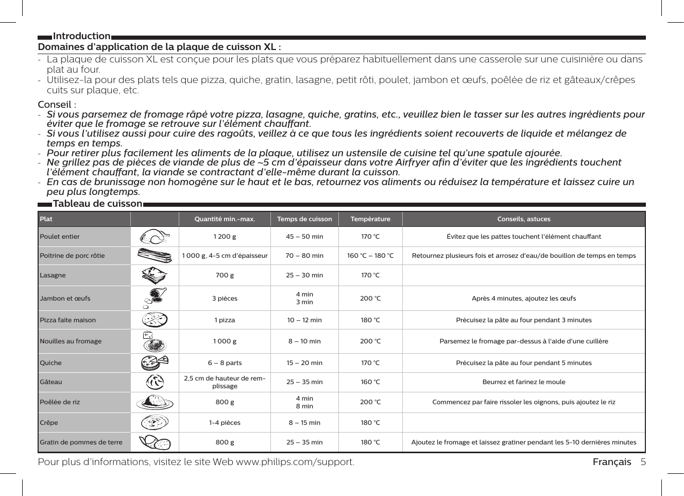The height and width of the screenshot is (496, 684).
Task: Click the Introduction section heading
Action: point(81,36)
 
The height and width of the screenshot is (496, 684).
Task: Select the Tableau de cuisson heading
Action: point(97,204)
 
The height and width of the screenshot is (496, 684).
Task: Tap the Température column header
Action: point(370,219)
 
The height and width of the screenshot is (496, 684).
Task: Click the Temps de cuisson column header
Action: point(304,219)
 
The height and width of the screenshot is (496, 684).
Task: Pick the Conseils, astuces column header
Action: point(523,219)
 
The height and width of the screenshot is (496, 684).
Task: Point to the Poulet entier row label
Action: point(60,237)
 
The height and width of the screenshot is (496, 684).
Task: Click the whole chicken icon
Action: point(155,237)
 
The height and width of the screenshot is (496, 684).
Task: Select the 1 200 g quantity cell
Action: point(225,237)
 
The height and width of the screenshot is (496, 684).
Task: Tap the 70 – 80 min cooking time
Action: point(304,256)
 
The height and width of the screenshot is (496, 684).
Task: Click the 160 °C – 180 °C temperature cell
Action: point(370,256)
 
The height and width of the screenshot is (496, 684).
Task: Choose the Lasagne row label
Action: point(53,275)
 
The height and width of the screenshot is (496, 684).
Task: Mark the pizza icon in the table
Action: point(155,320)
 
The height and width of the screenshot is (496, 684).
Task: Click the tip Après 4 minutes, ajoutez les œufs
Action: point(523,299)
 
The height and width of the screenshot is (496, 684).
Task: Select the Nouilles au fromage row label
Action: point(71,341)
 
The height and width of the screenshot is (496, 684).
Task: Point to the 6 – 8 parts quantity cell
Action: point(225,363)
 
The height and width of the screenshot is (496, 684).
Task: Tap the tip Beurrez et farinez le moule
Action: point(523,382)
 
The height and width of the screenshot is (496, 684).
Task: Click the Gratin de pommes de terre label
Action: point(81,442)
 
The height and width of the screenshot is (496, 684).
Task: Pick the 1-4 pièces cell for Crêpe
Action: point(225,423)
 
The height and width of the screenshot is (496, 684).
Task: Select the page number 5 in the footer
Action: point(643,462)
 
